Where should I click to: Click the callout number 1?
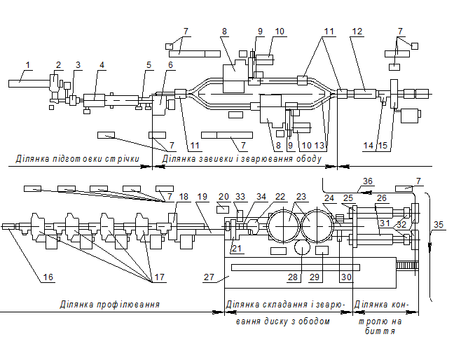pos(27,65)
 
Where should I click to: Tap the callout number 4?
pos(102,65)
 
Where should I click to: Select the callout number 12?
pos(357,31)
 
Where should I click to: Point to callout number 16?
pos(48,277)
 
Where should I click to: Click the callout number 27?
pos(208,277)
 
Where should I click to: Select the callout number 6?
pos(170,65)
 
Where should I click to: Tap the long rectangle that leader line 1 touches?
pos(29,83)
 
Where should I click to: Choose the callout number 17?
pos(159,277)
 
